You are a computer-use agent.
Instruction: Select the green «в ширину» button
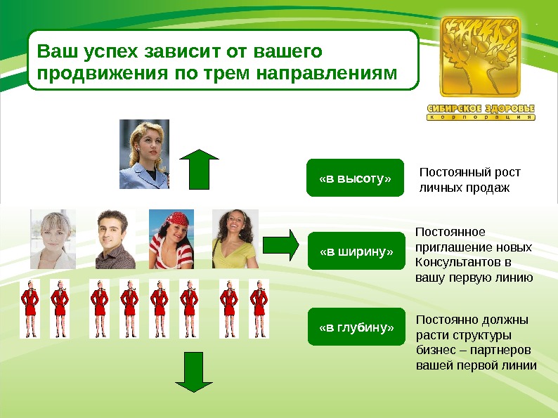point(357,252)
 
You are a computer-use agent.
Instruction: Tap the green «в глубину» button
point(357,327)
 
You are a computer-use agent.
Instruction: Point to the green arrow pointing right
point(281,244)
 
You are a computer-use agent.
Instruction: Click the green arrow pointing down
point(193,372)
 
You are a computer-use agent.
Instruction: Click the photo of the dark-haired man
point(115,239)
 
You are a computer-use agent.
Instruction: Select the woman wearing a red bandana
point(169,239)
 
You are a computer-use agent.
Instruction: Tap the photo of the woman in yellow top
point(235,239)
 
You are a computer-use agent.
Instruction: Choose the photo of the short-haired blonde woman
point(53,239)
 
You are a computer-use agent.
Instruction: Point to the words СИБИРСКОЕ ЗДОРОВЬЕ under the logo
point(481,109)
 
